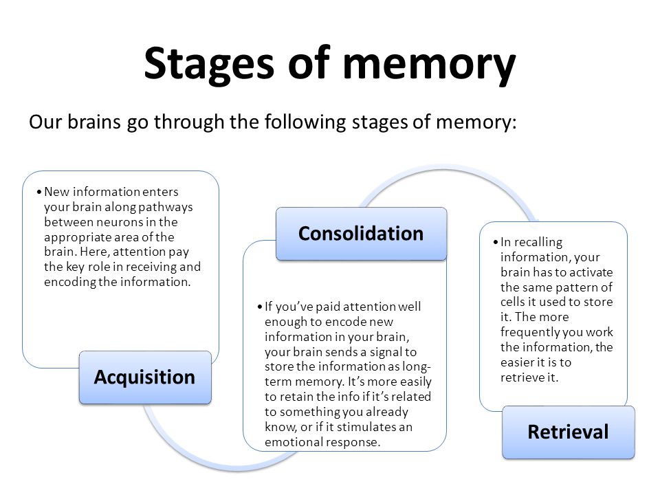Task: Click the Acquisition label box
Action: [x=145, y=377]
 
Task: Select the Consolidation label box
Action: [x=361, y=234]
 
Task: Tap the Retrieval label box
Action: [x=569, y=432]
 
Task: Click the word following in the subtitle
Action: [x=305, y=122]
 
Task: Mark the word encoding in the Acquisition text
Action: [x=70, y=282]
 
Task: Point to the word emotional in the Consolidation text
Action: [x=294, y=442]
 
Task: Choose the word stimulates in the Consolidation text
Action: [x=366, y=427]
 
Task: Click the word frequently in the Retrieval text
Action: [x=529, y=332]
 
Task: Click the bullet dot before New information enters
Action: [x=39, y=192]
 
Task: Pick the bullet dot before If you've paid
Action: [x=260, y=307]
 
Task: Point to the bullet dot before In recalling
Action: [x=496, y=243]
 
